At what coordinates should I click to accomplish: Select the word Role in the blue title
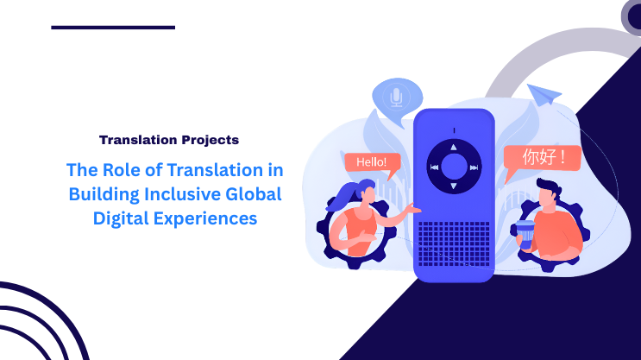click(x=120, y=170)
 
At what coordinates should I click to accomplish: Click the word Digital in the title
click(x=119, y=218)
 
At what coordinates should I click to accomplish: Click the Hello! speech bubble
click(x=373, y=162)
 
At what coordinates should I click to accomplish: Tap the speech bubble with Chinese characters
click(x=542, y=158)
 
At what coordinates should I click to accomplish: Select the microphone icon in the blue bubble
click(x=396, y=98)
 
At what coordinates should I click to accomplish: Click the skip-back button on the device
click(x=435, y=167)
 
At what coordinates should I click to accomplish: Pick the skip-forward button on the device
click(x=474, y=167)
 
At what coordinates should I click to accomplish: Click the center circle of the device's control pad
click(x=454, y=167)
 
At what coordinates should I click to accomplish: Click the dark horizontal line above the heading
click(x=112, y=28)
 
